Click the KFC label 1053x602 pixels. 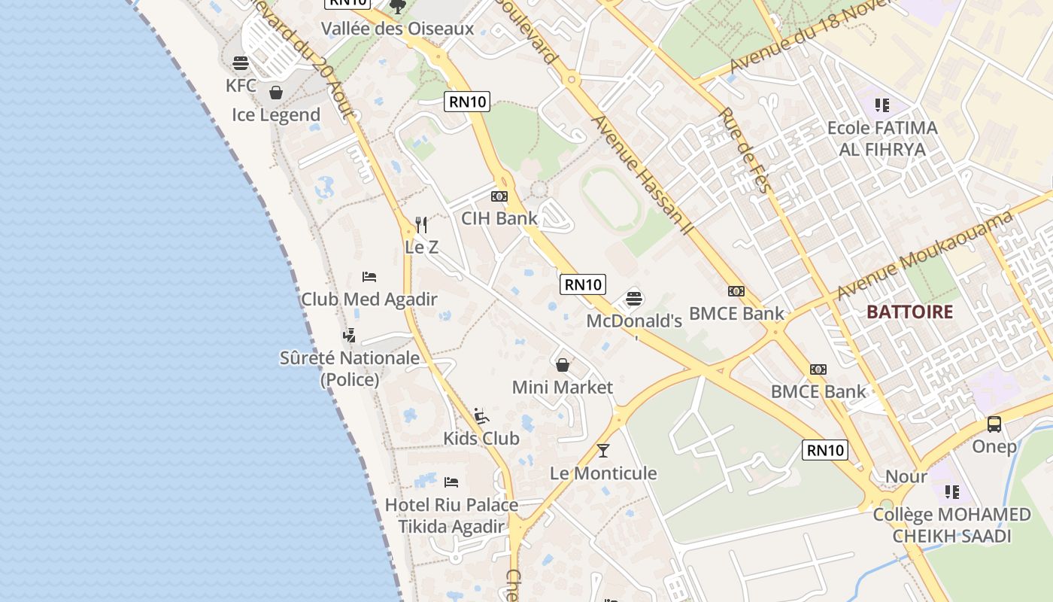(x=241, y=85)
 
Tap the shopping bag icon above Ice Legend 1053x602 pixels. (x=276, y=93)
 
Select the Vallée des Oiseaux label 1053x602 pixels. (x=397, y=29)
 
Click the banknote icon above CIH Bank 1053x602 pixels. (x=499, y=196)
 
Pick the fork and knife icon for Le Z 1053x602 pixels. (x=421, y=224)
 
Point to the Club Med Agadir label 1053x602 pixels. (x=369, y=299)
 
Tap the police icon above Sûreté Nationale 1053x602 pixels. (x=349, y=336)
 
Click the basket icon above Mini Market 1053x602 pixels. (x=562, y=365)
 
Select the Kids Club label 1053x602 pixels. (x=481, y=438)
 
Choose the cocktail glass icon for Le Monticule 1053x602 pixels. (x=602, y=451)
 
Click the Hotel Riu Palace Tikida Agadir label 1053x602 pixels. (x=451, y=515)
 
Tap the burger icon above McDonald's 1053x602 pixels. (x=634, y=299)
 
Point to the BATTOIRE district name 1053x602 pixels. (x=909, y=312)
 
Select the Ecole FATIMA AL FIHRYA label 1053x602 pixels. (x=882, y=138)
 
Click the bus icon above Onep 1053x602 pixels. (x=994, y=424)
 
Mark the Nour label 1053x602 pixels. (x=906, y=476)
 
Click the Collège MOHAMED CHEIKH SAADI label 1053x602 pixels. (x=951, y=525)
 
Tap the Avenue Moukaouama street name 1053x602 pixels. (x=924, y=255)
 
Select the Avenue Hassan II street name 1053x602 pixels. (x=641, y=173)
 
